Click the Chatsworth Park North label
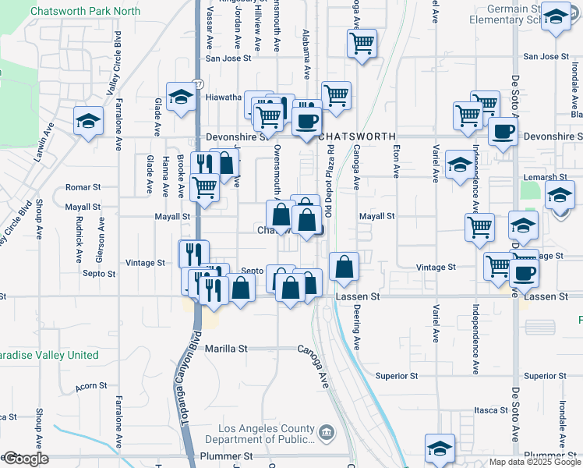click(85, 12)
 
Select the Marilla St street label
click(225, 349)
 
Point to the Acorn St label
click(91, 387)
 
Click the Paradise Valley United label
click(50, 355)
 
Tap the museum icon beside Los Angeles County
click(327, 431)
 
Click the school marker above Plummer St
click(440, 448)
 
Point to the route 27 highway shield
click(199, 82)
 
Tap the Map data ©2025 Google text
click(535, 462)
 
